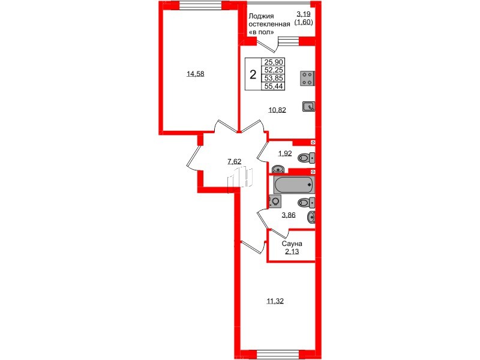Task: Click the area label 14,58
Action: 196,74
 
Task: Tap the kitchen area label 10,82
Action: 277,110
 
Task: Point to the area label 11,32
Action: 275,301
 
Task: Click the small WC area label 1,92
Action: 285,154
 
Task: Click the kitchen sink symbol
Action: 308,107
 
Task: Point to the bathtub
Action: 293,184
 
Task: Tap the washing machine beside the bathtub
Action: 275,202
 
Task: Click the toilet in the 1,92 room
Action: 307,158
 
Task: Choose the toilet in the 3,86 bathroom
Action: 307,202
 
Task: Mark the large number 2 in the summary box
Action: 253,75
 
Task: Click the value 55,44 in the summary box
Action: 274,86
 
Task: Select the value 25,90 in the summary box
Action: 274,62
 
